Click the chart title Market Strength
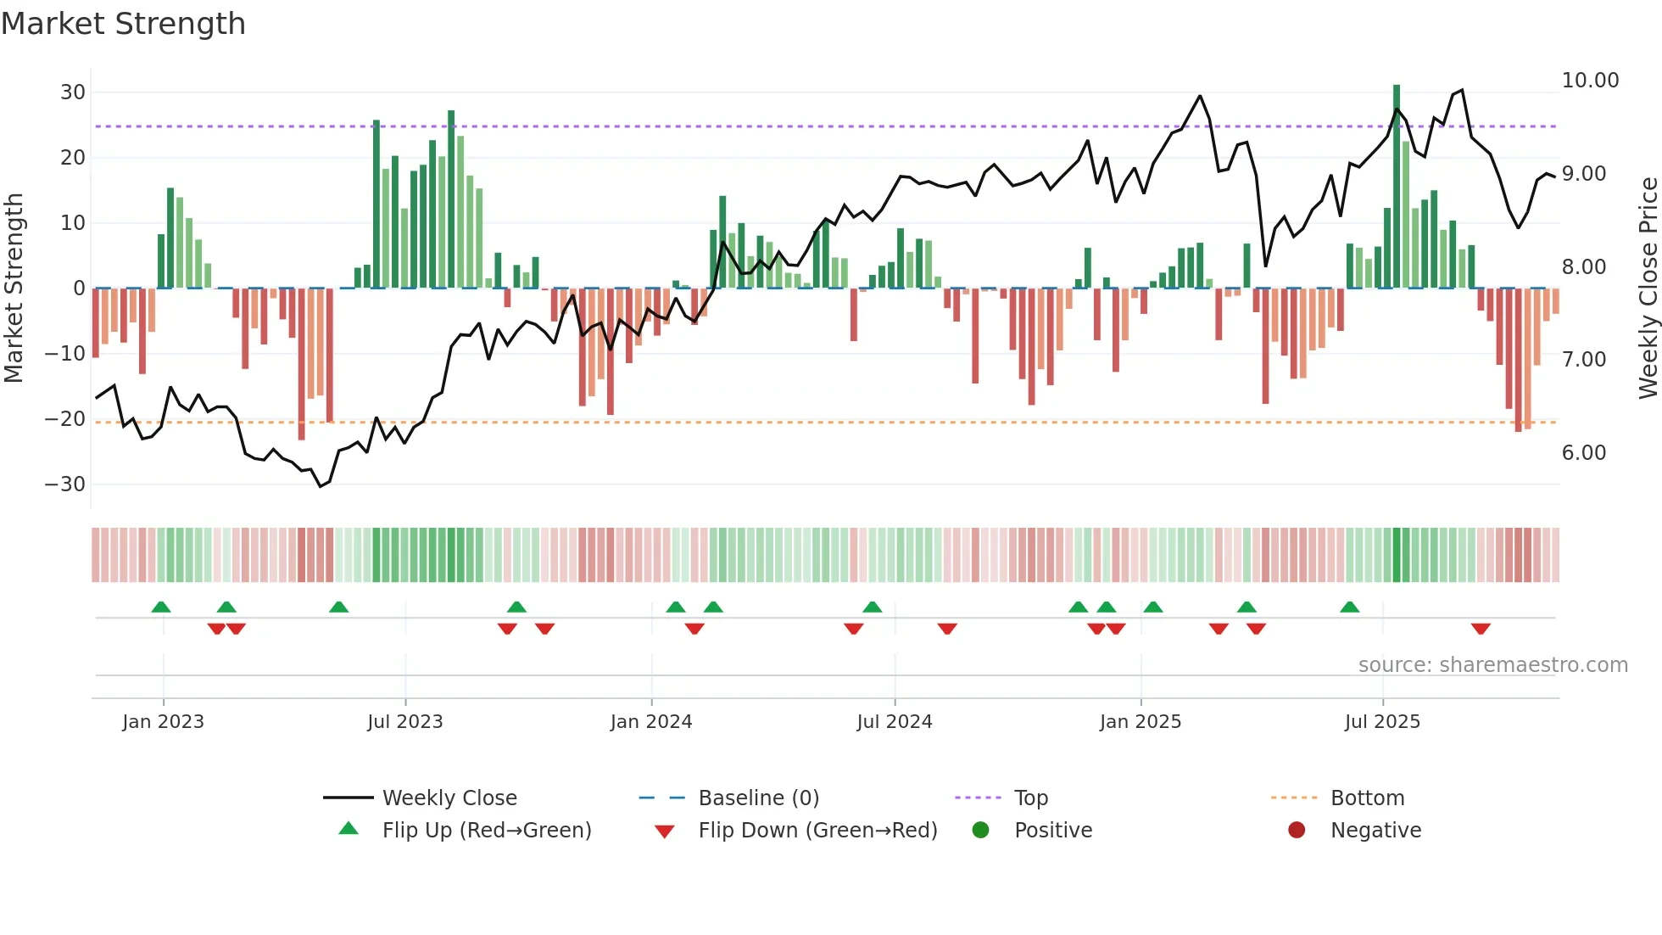pyautogui.click(x=123, y=24)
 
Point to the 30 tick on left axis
pyautogui.click(x=73, y=92)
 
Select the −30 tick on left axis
pyautogui.click(x=65, y=484)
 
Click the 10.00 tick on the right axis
pyautogui.click(x=1590, y=81)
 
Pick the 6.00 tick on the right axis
pyautogui.click(x=1584, y=453)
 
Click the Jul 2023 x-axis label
pyautogui.click(x=404, y=722)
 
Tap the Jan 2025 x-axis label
pyautogui.click(x=1140, y=722)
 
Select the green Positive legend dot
pyautogui.click(x=980, y=831)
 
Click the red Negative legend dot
pyautogui.click(x=1297, y=831)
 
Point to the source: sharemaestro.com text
pyautogui.click(x=1492, y=665)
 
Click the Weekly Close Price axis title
pyautogui.click(x=1648, y=288)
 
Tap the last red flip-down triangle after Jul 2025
pyautogui.click(x=1481, y=629)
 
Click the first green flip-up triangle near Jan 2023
pyautogui.click(x=161, y=607)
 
